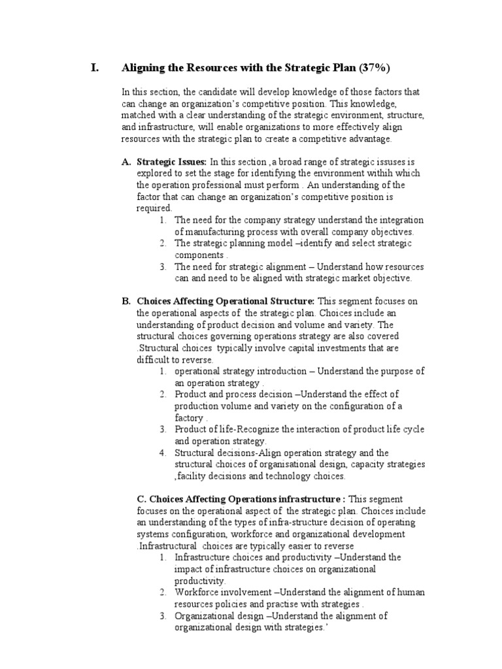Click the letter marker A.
pos(127,161)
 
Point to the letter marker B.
pos(127,301)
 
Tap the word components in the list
pos(199,255)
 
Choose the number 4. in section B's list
pos(163,453)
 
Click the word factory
pos(189,417)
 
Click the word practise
pos(301,604)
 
